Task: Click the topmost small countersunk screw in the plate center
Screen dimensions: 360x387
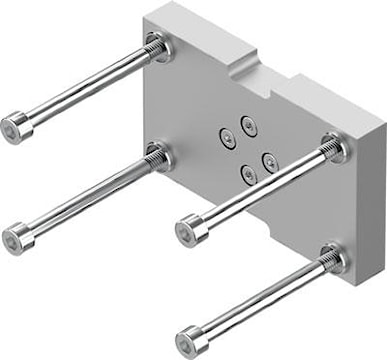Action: click(x=247, y=124)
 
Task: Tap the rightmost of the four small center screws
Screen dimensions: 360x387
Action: click(x=268, y=157)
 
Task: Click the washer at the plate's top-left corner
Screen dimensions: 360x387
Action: click(x=157, y=46)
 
